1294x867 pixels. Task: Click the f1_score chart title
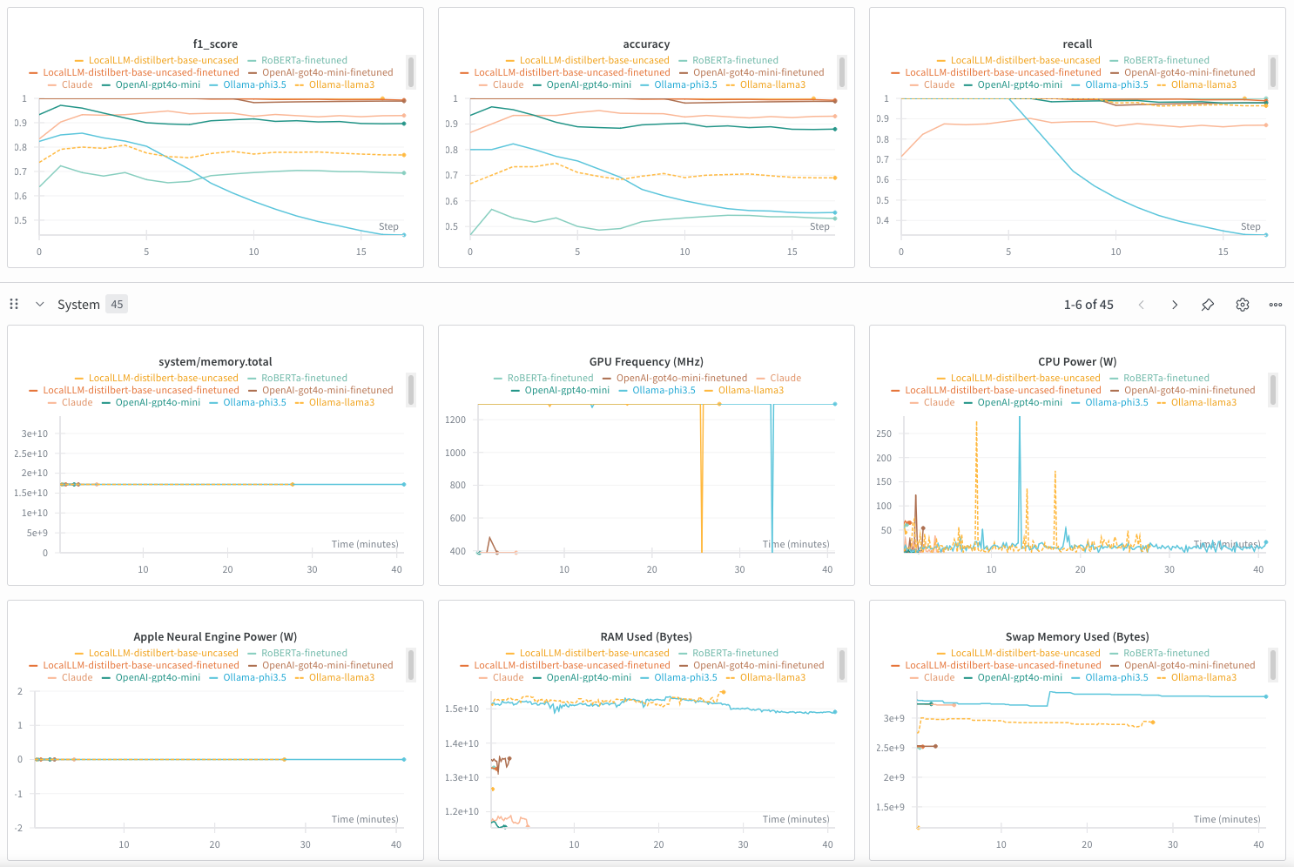tap(215, 44)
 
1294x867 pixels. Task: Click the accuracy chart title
tap(646, 44)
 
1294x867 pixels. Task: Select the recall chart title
tap(1077, 44)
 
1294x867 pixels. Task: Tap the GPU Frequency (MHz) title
tap(646, 362)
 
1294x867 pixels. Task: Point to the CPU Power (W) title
tap(1077, 362)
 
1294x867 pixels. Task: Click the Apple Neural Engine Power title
tap(215, 637)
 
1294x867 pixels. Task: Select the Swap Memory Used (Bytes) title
tap(1077, 637)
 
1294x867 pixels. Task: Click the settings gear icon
tap(1243, 305)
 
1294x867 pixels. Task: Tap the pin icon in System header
tap(1208, 305)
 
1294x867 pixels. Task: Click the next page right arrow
tap(1175, 305)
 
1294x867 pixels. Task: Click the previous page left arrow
tap(1142, 305)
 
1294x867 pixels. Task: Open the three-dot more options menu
tap(1276, 305)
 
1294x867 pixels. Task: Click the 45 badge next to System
tap(117, 305)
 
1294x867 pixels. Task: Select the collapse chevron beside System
tap(40, 305)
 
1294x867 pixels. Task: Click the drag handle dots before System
tap(14, 305)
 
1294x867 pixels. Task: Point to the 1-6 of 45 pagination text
tap(1088, 305)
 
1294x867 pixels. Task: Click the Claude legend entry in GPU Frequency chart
tap(785, 379)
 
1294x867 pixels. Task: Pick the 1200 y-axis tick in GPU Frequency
tap(455, 420)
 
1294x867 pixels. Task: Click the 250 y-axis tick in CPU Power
tap(884, 433)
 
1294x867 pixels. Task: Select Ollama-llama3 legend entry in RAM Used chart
tap(772, 678)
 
